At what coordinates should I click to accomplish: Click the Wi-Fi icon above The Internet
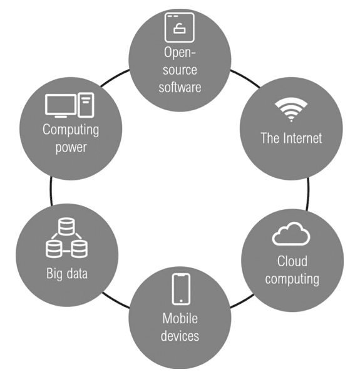click(291, 109)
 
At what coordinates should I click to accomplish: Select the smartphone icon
click(181, 289)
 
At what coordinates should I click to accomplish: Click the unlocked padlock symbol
click(180, 28)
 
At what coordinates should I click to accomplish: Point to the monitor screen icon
click(61, 105)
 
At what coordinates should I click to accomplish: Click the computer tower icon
click(86, 105)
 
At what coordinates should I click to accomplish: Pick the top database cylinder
click(66, 227)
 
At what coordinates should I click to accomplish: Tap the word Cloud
click(292, 261)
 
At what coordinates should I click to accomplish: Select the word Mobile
click(180, 318)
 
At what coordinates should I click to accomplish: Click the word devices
click(180, 336)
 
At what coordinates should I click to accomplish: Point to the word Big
click(54, 274)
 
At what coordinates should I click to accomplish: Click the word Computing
click(71, 130)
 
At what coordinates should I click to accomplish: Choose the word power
click(71, 148)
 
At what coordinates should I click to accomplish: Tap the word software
click(180, 87)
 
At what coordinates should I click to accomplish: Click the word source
click(180, 70)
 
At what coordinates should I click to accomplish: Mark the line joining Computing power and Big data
click(51, 191)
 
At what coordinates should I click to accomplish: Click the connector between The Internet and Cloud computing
click(308, 194)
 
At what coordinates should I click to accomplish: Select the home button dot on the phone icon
click(181, 301)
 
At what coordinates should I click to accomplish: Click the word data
click(77, 273)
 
